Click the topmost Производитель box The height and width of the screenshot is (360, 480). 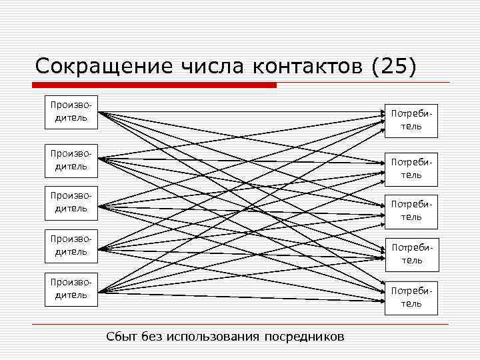pos(71,112)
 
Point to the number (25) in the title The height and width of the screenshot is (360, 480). pos(394,67)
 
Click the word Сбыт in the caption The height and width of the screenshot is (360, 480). pos(122,336)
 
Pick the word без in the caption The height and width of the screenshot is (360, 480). pos(153,336)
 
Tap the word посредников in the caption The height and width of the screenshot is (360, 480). pos(305,336)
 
